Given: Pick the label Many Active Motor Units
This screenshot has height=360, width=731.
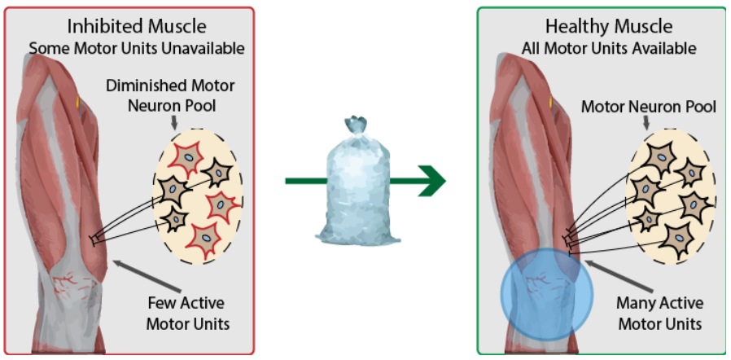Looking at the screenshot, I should (x=659, y=314).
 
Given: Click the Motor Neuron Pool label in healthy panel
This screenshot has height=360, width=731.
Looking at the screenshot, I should (x=649, y=107).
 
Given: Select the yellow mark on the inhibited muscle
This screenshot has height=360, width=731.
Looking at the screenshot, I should (x=79, y=103).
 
